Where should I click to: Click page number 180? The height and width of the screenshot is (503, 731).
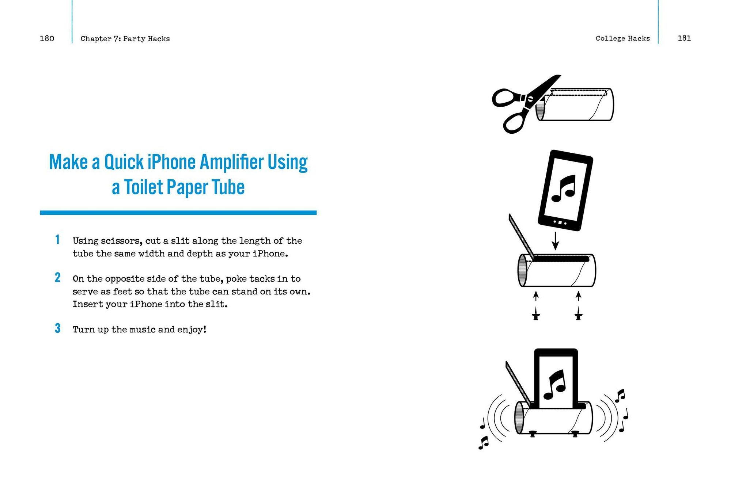47,38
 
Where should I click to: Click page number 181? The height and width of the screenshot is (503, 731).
684,38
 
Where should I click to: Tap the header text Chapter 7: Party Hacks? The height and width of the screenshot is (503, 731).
125,39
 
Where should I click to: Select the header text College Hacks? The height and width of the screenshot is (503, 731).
622,38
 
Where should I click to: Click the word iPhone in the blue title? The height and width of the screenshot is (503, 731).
171,162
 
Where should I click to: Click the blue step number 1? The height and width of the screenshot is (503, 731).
57,240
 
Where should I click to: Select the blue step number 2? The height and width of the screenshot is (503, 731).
57,278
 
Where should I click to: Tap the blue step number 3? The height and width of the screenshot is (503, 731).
57,328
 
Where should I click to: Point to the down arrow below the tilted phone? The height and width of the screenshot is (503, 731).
555,241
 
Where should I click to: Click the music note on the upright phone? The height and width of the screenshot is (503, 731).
555,385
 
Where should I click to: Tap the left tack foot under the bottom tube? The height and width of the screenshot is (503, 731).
533,434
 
